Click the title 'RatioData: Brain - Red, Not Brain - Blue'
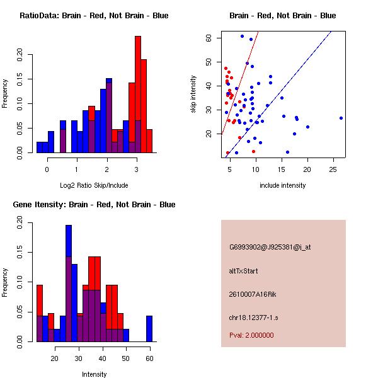(94, 15)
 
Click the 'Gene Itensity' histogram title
(94, 204)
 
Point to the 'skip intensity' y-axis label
(193, 94)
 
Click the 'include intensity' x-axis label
(283, 185)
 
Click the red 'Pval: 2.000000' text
(251, 335)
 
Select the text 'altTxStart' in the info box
(244, 271)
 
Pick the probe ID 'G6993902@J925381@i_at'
(270, 247)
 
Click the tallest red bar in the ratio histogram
(138, 94)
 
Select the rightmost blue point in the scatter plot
(341, 118)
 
